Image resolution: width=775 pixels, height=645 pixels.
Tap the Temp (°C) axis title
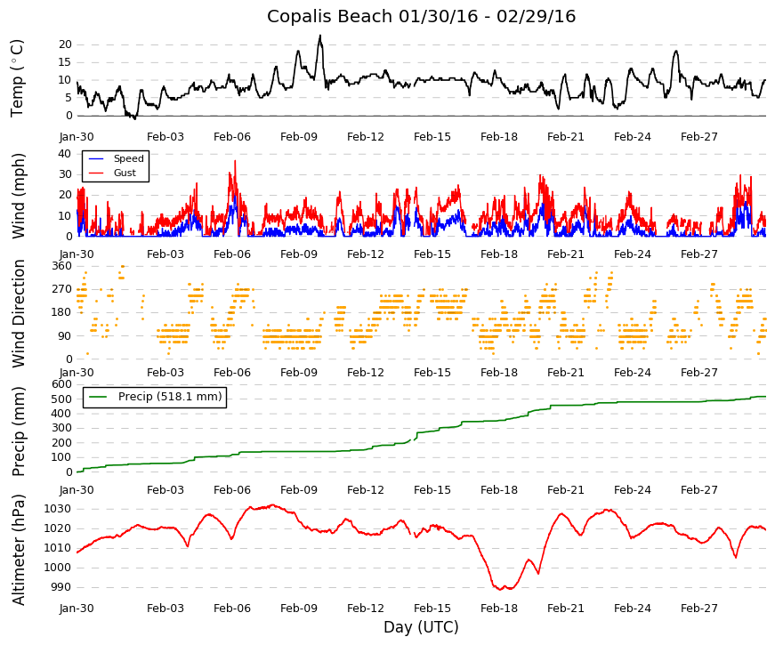point(17,78)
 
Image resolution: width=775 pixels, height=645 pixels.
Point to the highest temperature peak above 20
point(320,36)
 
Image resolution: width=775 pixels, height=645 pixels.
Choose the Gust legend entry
point(112,173)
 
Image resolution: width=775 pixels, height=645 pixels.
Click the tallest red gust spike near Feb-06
point(235,162)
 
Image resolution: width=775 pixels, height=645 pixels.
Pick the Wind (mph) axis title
point(17,196)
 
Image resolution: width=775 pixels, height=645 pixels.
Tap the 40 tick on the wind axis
point(65,154)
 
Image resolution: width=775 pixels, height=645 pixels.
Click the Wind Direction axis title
point(19,313)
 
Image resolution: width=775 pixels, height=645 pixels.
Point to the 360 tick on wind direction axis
point(62,266)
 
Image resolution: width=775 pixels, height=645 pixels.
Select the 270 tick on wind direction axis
point(62,289)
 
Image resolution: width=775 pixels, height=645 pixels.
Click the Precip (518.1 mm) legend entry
point(155,397)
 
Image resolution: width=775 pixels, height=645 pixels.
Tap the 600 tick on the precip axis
point(62,384)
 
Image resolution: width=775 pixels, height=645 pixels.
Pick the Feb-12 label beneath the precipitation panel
point(366,490)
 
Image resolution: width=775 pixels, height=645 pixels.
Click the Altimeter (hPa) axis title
point(19,549)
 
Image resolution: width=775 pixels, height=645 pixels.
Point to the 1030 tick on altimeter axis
point(58,509)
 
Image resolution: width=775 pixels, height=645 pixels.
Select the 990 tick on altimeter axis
point(61,587)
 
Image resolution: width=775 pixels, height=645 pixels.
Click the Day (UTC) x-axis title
point(421,627)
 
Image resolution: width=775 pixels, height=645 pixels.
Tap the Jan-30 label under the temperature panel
point(77,137)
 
